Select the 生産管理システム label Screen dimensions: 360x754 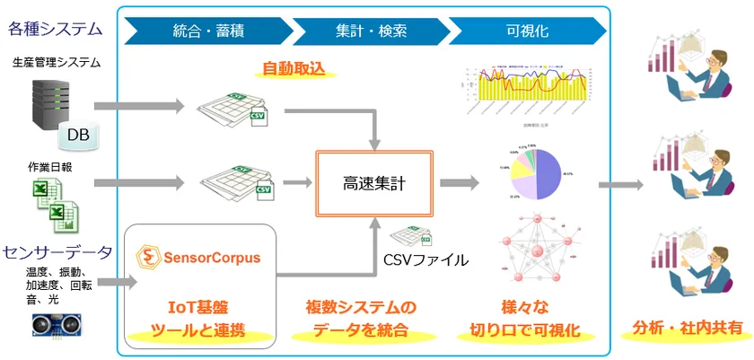(x=57, y=63)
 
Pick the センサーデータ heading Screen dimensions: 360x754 (x=57, y=250)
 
